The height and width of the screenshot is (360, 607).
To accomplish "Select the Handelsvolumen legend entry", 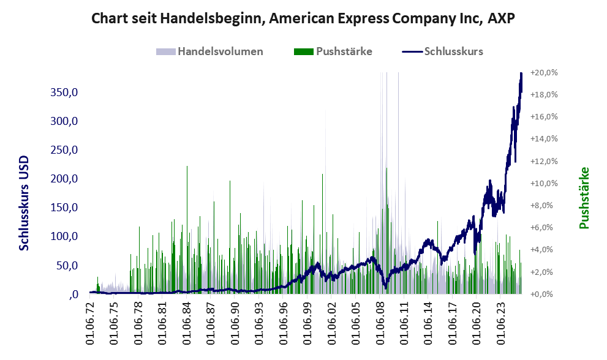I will [221, 51].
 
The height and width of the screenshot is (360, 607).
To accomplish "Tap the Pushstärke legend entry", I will [344, 51].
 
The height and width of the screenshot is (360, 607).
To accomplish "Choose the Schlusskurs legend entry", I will [453, 51].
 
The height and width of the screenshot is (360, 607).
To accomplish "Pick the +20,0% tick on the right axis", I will [545, 72].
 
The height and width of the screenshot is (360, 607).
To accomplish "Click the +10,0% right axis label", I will [545, 183].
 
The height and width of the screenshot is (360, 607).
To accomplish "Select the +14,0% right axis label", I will [545, 139].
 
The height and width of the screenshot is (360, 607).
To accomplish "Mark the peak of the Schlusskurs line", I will [521, 73].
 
